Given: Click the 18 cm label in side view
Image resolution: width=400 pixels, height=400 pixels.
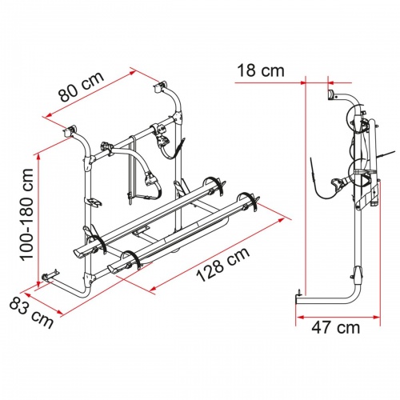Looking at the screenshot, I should (260, 71).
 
